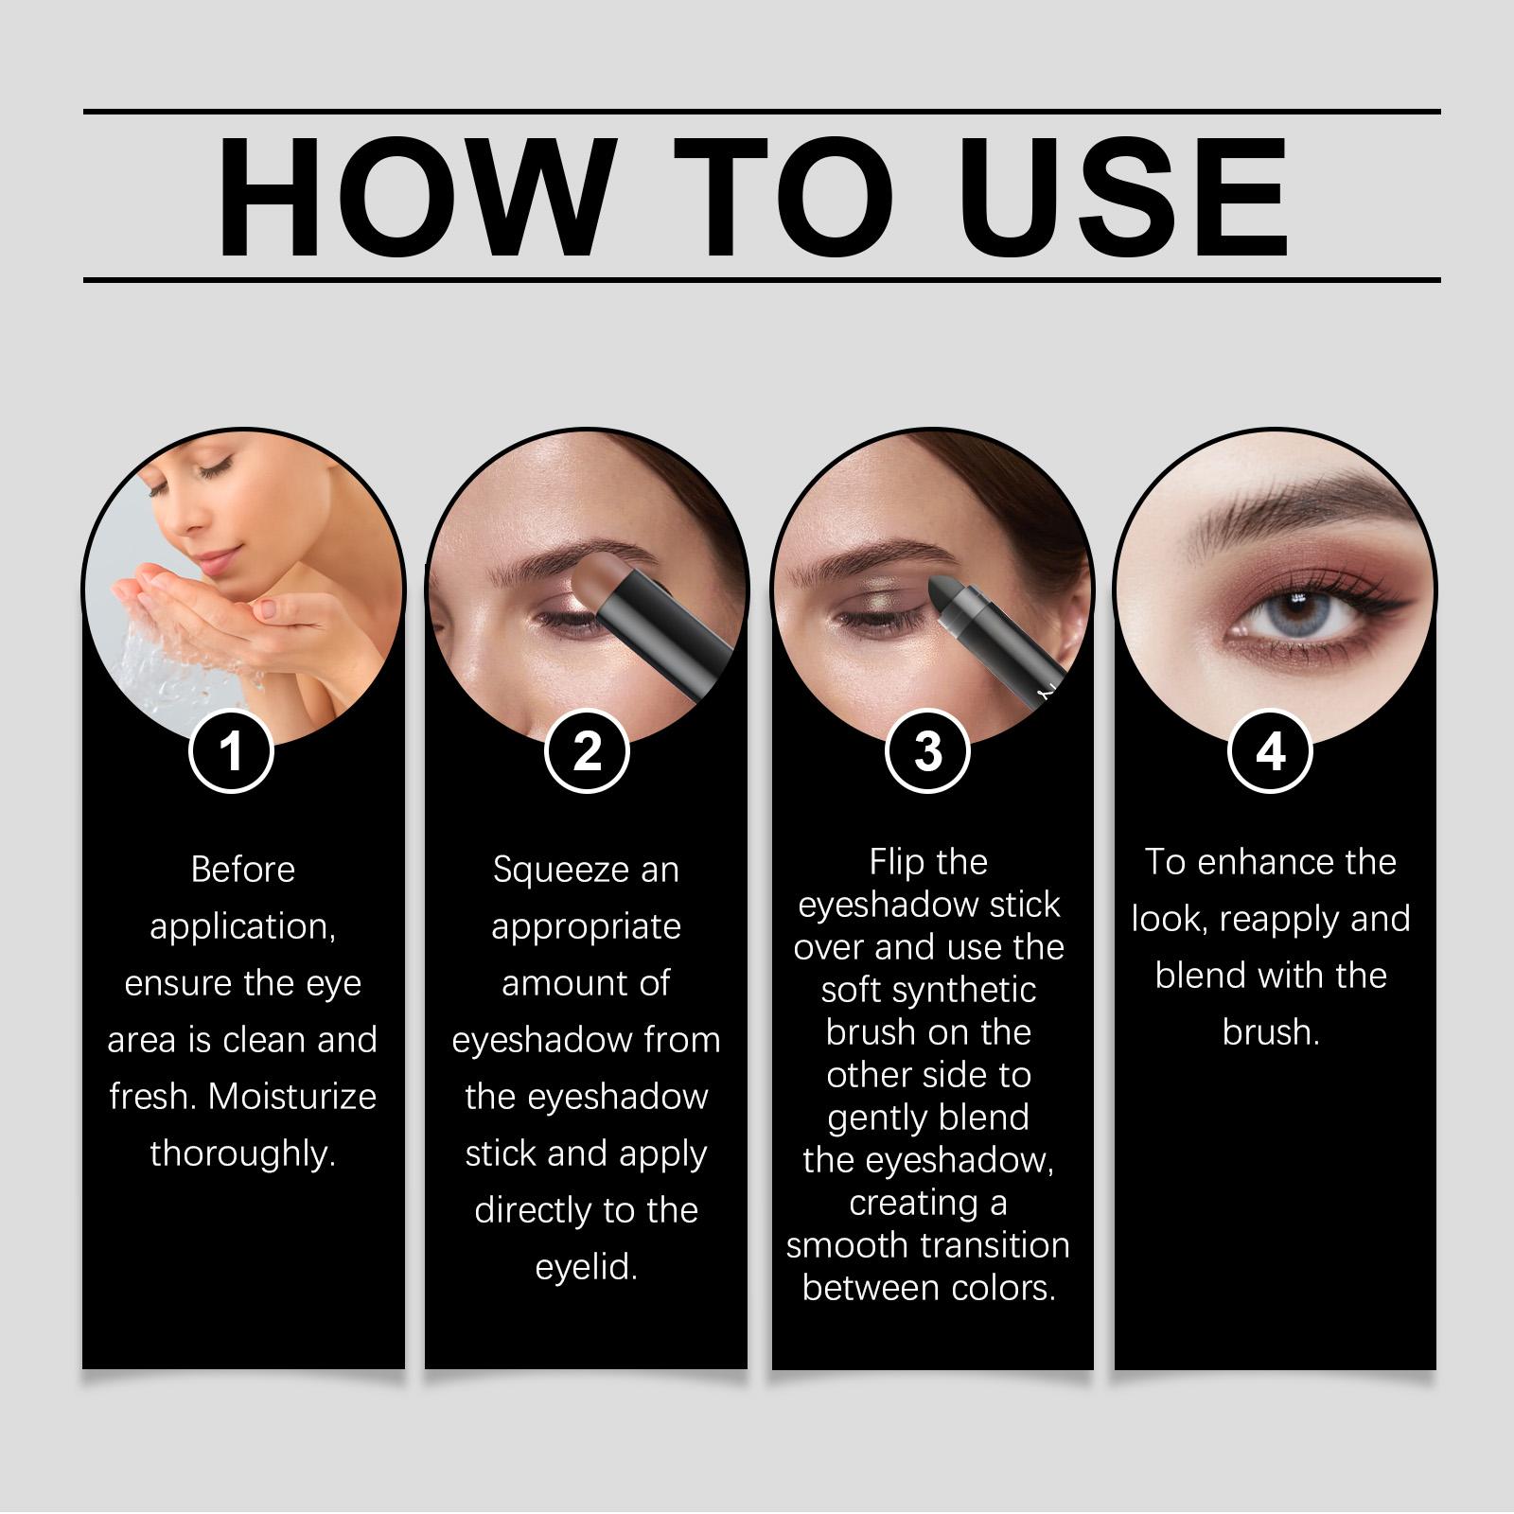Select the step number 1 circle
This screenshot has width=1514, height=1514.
(231, 752)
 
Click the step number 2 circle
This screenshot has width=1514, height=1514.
(587, 752)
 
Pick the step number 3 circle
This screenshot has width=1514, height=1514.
(928, 752)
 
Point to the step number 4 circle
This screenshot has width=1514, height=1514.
(1270, 752)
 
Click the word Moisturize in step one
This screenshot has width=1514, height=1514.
(292, 1096)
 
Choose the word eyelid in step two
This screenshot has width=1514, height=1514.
(586, 1268)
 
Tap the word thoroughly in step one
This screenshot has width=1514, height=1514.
(243, 1154)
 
